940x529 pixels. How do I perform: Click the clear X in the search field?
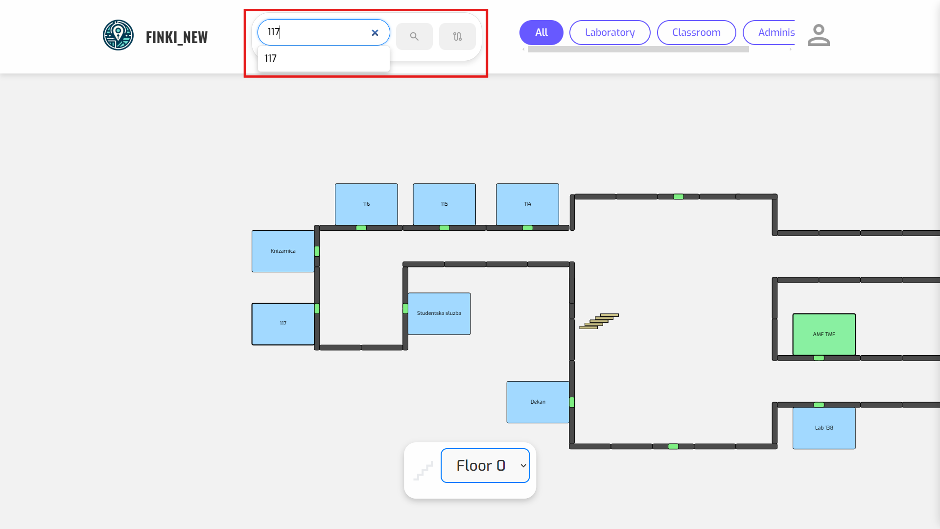click(x=375, y=33)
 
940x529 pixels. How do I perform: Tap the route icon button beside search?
click(x=457, y=36)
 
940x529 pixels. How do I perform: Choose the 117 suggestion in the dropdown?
click(x=323, y=58)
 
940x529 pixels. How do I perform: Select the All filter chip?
click(x=541, y=32)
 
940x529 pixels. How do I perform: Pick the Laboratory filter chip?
click(x=610, y=32)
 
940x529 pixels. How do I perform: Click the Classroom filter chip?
click(x=696, y=32)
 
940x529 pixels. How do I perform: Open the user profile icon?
click(x=819, y=35)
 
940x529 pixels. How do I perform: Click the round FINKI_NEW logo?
click(x=118, y=35)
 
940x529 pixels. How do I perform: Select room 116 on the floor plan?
click(x=366, y=204)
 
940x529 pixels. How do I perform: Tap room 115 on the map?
click(x=444, y=204)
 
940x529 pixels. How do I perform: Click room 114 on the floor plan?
click(x=527, y=204)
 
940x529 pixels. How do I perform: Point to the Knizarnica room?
click(x=283, y=251)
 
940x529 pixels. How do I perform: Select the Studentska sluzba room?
click(x=439, y=313)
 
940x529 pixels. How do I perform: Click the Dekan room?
click(x=538, y=402)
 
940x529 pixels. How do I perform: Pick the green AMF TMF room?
click(x=824, y=334)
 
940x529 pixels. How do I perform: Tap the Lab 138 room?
click(x=824, y=428)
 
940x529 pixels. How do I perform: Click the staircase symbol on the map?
click(x=599, y=321)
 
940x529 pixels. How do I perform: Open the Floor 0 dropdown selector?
click(x=485, y=465)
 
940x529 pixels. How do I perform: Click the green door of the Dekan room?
click(x=572, y=402)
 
